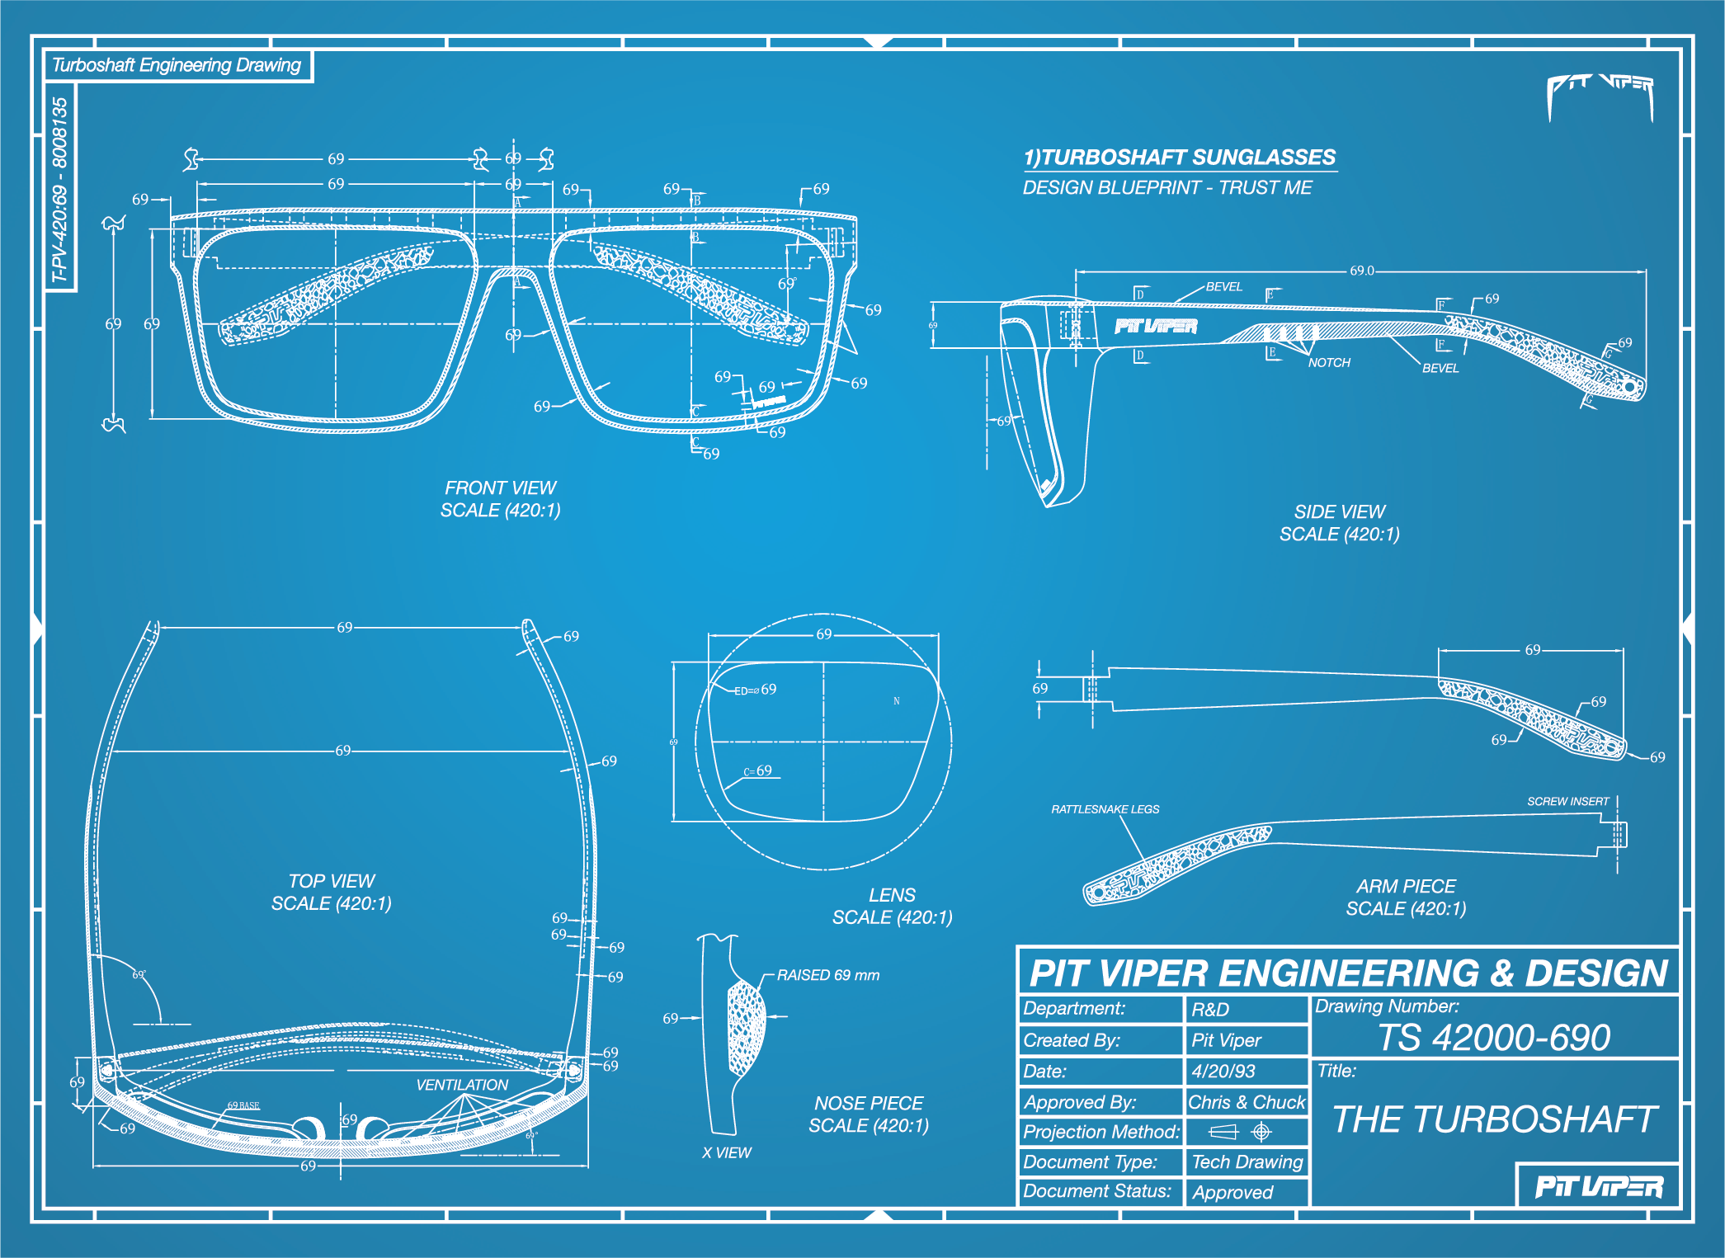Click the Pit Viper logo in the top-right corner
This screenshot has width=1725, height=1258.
tap(1600, 92)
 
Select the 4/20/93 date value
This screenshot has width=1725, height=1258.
tap(1223, 1071)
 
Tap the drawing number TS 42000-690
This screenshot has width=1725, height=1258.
tap(1494, 1038)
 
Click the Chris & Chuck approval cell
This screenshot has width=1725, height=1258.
tap(1247, 1102)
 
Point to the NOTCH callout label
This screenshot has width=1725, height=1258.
tap(1329, 363)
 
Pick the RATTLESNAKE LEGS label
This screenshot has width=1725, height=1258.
tap(1105, 809)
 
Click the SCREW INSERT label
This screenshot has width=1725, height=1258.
tap(1567, 801)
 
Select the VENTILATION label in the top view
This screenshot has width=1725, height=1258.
tap(462, 1085)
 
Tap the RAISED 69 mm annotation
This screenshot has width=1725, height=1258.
tap(828, 975)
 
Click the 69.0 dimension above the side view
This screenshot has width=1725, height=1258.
tap(1362, 271)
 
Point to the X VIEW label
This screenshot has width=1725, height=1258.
tap(727, 1152)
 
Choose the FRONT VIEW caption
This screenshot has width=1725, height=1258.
tap(501, 488)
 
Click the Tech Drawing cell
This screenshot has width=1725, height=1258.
tap(1247, 1162)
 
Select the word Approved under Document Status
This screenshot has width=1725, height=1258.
tap(1232, 1192)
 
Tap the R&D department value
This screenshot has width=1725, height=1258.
tap(1210, 1010)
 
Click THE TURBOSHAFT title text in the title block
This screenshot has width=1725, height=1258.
tap(1495, 1119)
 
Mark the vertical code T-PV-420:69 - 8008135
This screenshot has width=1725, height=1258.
tap(59, 190)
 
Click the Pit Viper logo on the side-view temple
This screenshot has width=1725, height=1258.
tap(1156, 327)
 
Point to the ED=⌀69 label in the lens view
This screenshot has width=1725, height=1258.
tap(755, 690)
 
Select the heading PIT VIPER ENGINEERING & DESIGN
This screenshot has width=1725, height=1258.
tap(1349, 973)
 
